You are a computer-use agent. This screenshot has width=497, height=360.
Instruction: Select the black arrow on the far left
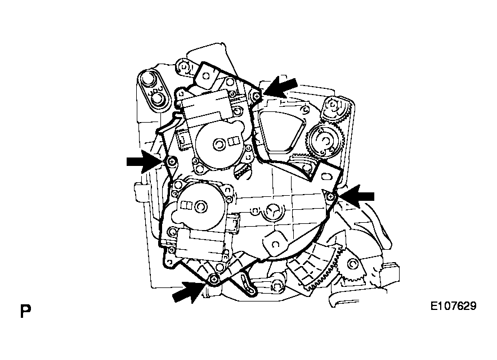[145, 161]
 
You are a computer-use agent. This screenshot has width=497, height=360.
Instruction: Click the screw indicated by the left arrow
[172, 161]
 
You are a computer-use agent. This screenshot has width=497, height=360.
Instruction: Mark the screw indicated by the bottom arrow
[215, 279]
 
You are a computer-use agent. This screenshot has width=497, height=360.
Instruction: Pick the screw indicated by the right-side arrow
[331, 197]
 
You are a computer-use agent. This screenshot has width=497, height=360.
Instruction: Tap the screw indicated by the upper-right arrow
[257, 96]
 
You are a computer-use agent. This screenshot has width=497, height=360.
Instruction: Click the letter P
[25, 312]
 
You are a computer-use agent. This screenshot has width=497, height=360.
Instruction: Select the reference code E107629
[453, 306]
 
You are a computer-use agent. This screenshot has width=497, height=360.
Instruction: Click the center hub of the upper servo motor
[218, 144]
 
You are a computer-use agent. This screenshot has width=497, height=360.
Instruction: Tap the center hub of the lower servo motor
[200, 206]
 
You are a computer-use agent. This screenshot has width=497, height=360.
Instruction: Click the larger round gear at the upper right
[324, 141]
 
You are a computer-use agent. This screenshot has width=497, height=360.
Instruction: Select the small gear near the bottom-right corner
[352, 264]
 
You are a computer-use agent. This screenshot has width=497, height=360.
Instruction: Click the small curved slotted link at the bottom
[248, 283]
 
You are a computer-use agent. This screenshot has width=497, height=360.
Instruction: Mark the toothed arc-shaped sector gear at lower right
[317, 269]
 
